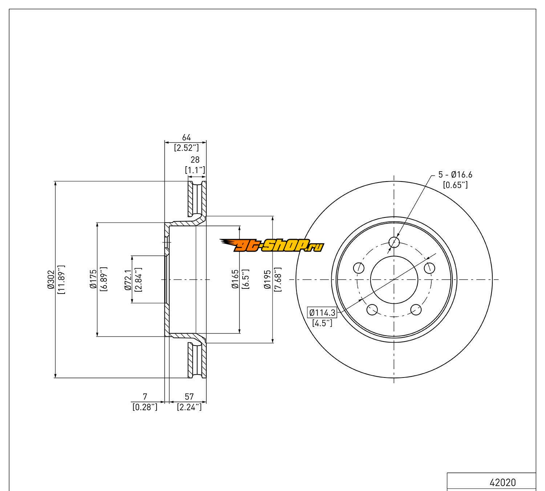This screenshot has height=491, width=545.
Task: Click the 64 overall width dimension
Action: coord(186,137)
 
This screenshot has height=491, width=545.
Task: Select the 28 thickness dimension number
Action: coord(195,160)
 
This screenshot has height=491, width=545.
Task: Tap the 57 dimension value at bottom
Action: coord(189,396)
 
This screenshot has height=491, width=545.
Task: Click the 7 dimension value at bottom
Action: coord(145,396)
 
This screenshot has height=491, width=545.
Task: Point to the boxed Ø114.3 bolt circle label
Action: coord(322,312)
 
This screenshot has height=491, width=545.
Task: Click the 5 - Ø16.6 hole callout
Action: coord(455,175)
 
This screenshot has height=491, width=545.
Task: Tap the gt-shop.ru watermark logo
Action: coord(272,246)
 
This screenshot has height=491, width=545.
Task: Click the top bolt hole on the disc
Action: coord(394,242)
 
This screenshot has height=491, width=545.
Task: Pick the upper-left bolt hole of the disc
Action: coord(359,268)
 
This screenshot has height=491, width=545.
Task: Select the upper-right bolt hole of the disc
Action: coord(429,268)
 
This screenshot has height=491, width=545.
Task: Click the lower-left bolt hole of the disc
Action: coord(372,310)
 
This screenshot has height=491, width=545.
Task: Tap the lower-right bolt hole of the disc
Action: coord(416,310)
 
